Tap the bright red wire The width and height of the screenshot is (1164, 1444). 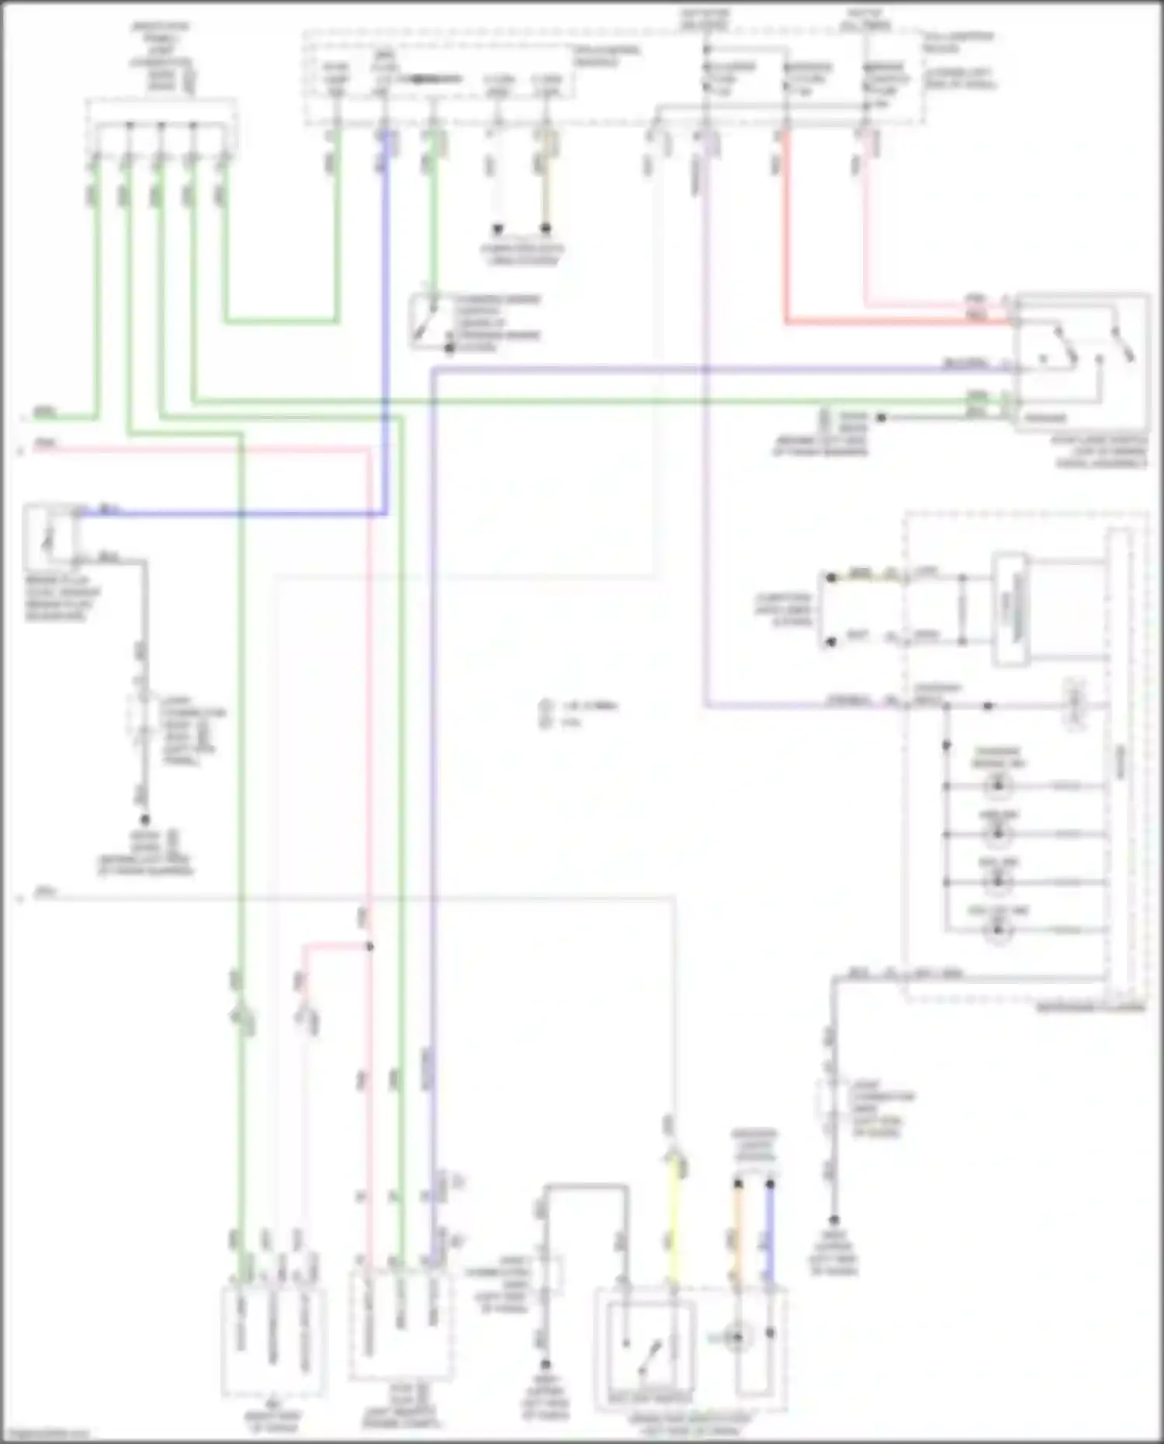click(x=785, y=233)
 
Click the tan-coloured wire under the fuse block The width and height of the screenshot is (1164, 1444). click(x=546, y=186)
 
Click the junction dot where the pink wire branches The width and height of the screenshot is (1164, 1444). click(x=369, y=947)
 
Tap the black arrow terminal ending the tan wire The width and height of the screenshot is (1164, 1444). click(x=546, y=229)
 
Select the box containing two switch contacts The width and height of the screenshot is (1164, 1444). click(x=1082, y=361)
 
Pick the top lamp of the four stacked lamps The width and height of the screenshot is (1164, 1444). click(x=998, y=785)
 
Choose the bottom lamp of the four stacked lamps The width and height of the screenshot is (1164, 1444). click(x=998, y=929)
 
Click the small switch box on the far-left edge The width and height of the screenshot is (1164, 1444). click(x=50, y=535)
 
